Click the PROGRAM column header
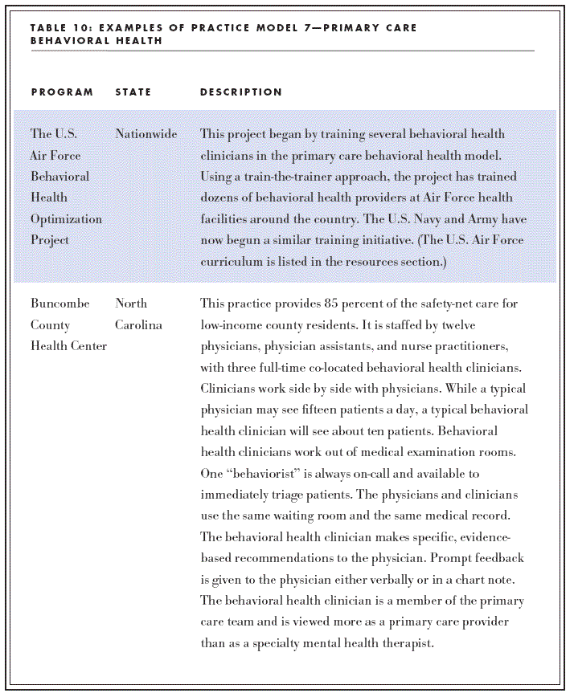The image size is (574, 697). click(x=62, y=92)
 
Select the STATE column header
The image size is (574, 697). click(x=133, y=92)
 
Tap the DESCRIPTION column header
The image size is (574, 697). click(x=241, y=92)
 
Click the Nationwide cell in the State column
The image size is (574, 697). click(x=146, y=134)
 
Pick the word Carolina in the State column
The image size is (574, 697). click(x=138, y=325)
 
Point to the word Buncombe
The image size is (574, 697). click(x=60, y=304)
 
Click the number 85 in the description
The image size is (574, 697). click(x=325, y=304)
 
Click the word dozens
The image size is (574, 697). click(x=219, y=198)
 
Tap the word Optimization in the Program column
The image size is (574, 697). click(x=66, y=219)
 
